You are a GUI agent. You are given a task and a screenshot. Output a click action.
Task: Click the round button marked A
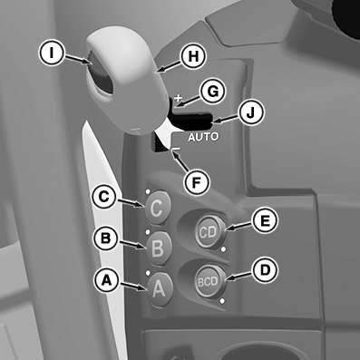click(160, 289)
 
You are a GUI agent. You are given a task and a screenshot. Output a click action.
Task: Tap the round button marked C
click(158, 208)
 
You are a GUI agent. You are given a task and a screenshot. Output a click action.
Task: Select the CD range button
click(209, 232)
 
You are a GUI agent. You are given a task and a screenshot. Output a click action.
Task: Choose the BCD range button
click(209, 281)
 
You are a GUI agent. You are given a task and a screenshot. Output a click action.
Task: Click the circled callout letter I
click(52, 54)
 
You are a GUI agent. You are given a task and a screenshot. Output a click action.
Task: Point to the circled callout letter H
click(193, 56)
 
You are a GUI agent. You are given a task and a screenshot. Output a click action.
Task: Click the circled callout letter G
click(213, 91)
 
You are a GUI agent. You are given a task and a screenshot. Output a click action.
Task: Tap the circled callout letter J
click(251, 112)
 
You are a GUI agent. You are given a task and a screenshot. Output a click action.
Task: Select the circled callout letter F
click(197, 182)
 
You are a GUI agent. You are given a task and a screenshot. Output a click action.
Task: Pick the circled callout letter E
click(265, 220)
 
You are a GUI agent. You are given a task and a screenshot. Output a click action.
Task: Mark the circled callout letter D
click(265, 270)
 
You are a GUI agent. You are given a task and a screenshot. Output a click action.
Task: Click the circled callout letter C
click(103, 197)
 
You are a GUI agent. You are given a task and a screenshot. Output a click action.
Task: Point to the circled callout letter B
click(105, 238)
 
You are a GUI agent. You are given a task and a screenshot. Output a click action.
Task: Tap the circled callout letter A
click(106, 280)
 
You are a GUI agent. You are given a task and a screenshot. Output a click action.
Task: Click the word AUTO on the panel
click(203, 137)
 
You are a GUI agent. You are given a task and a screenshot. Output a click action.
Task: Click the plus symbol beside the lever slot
click(179, 97)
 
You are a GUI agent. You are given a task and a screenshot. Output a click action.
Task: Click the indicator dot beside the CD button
click(224, 249)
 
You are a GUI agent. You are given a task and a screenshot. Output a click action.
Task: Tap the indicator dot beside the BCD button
click(222, 301)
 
